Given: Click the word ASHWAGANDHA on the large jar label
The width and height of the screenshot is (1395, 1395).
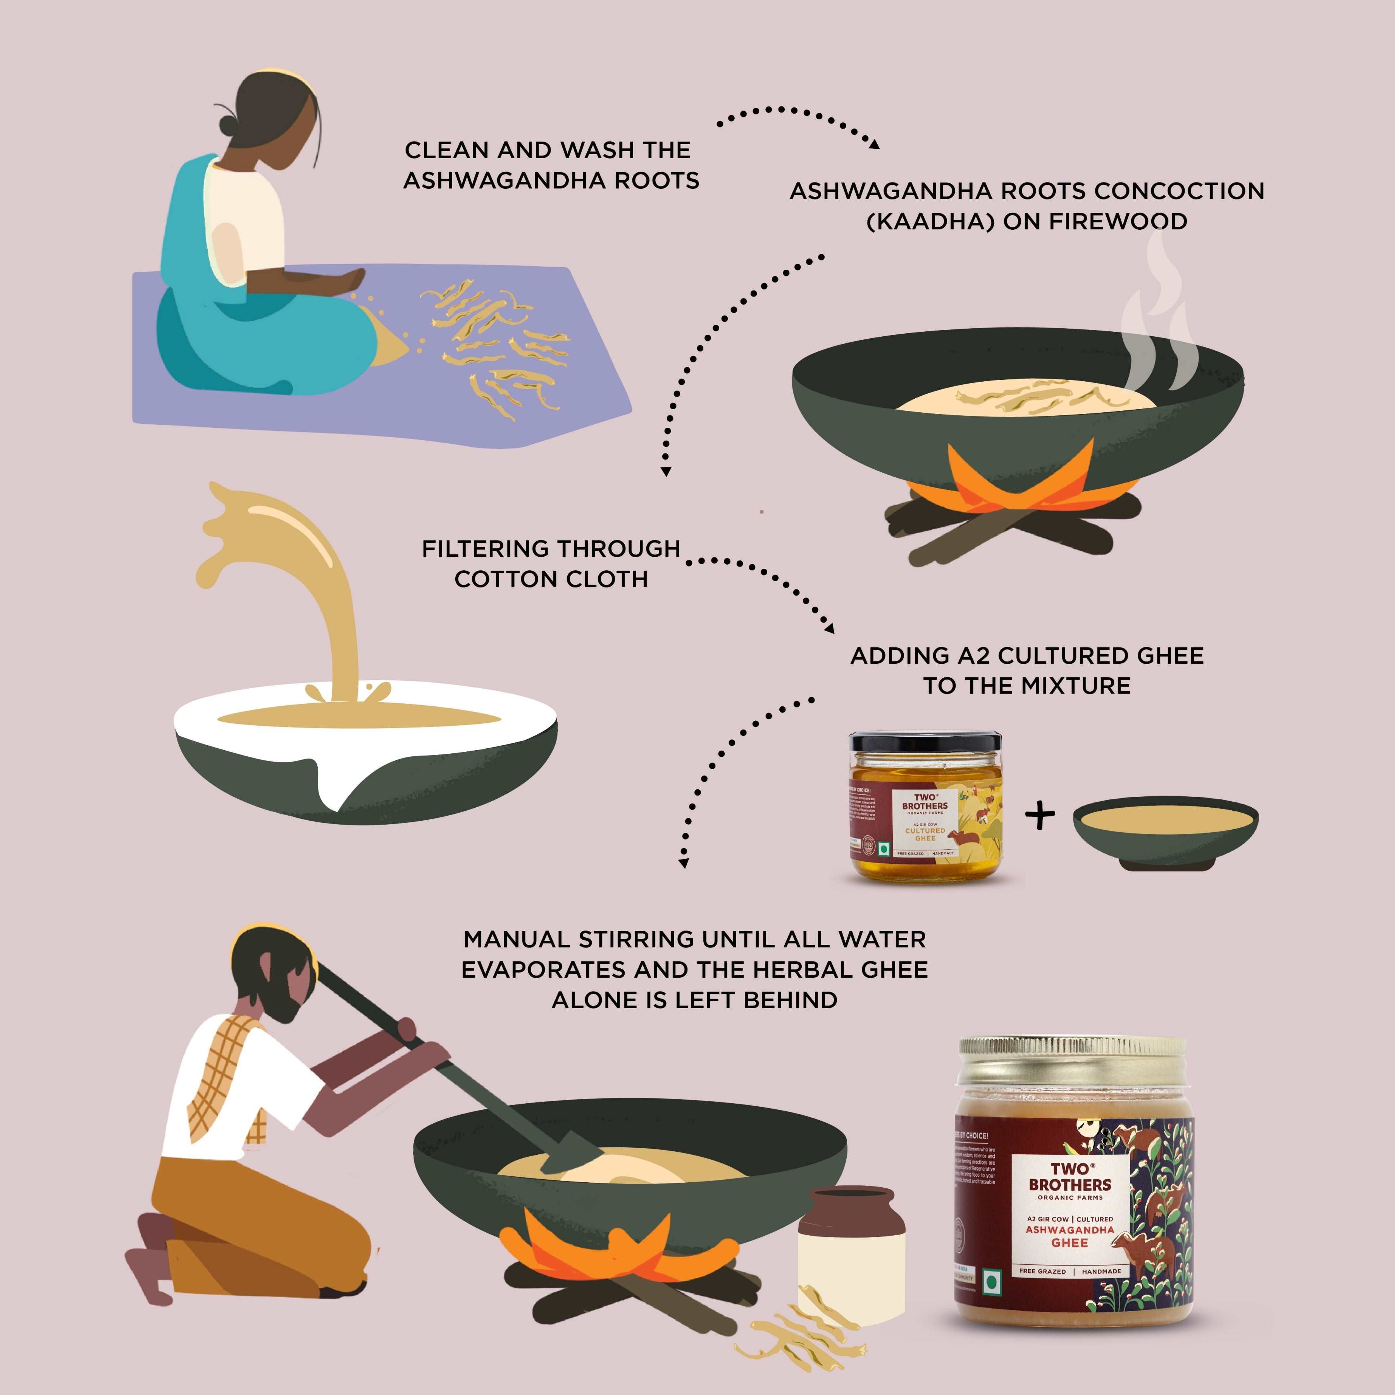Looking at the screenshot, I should pyautogui.click(x=1070, y=1230).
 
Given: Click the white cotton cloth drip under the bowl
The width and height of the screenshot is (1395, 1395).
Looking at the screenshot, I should pyautogui.click(x=329, y=784).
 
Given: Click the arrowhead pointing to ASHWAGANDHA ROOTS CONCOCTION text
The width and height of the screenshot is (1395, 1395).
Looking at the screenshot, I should pyautogui.click(x=875, y=145).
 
